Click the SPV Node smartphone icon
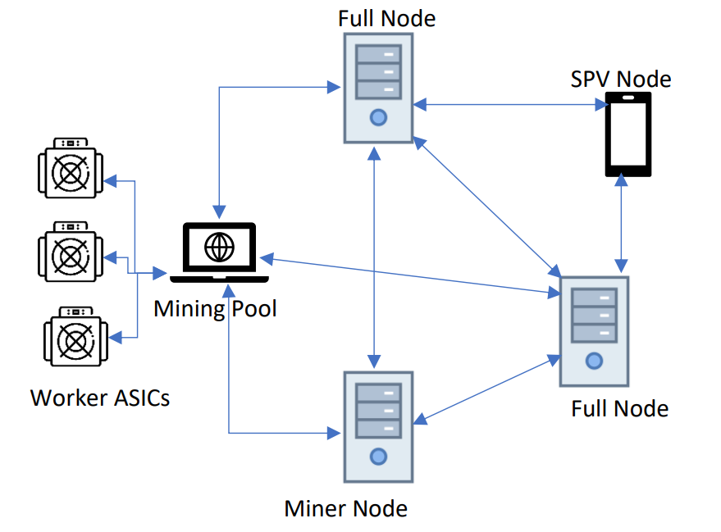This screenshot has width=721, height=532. coord(627,134)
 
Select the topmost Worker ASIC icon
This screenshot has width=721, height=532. coord(70,169)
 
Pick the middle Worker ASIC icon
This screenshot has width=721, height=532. coord(70,251)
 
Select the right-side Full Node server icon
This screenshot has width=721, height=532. coord(594,331)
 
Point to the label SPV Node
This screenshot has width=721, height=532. coord(621,80)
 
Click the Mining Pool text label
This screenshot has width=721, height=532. coord(215,308)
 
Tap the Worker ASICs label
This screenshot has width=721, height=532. coord(100,398)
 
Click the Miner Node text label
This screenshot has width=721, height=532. coord(345,508)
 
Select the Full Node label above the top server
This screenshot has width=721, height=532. coord(386,18)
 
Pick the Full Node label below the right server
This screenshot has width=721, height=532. coord(619,408)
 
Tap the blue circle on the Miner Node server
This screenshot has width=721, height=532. coord(377,456)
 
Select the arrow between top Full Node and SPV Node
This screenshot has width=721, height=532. coord(509,104)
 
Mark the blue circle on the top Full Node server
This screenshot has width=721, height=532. coord(377,117)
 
